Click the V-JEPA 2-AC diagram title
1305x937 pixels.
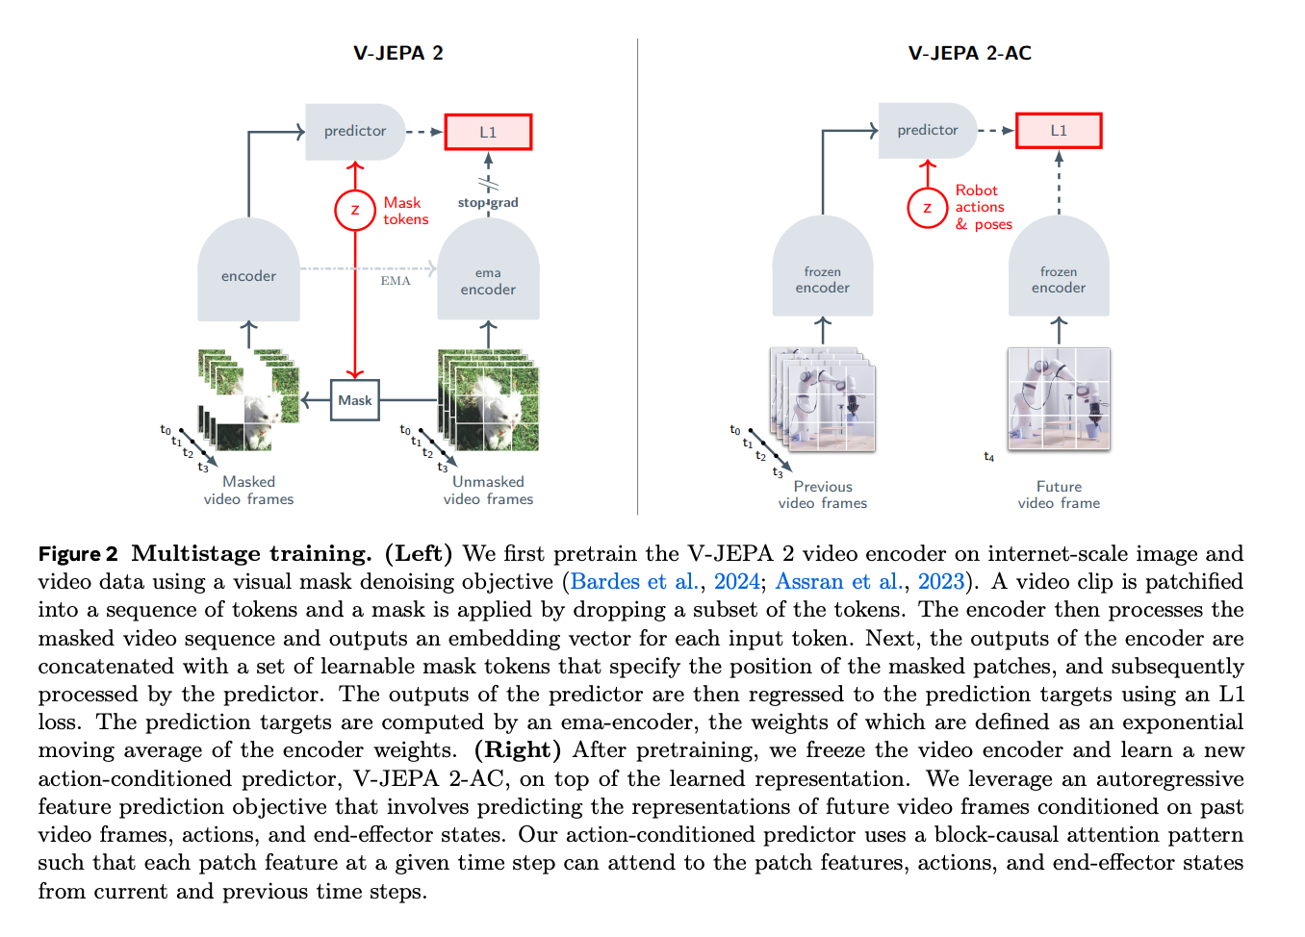[969, 53]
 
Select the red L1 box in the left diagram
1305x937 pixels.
[488, 132]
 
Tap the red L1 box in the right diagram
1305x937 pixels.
[1059, 131]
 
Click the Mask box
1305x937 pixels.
[354, 400]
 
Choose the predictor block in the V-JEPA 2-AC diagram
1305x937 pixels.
[927, 130]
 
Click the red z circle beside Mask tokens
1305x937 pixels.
[355, 211]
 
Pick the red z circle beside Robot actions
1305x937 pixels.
[927, 208]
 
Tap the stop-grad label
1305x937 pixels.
[488, 203]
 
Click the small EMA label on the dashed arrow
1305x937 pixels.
[396, 281]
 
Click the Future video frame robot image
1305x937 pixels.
[1059, 398]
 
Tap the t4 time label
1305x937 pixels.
[989, 457]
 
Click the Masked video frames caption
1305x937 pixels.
[248, 491]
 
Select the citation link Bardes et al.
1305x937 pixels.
[633, 582]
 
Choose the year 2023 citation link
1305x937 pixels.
[940, 582]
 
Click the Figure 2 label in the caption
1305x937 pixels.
[78, 554]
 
